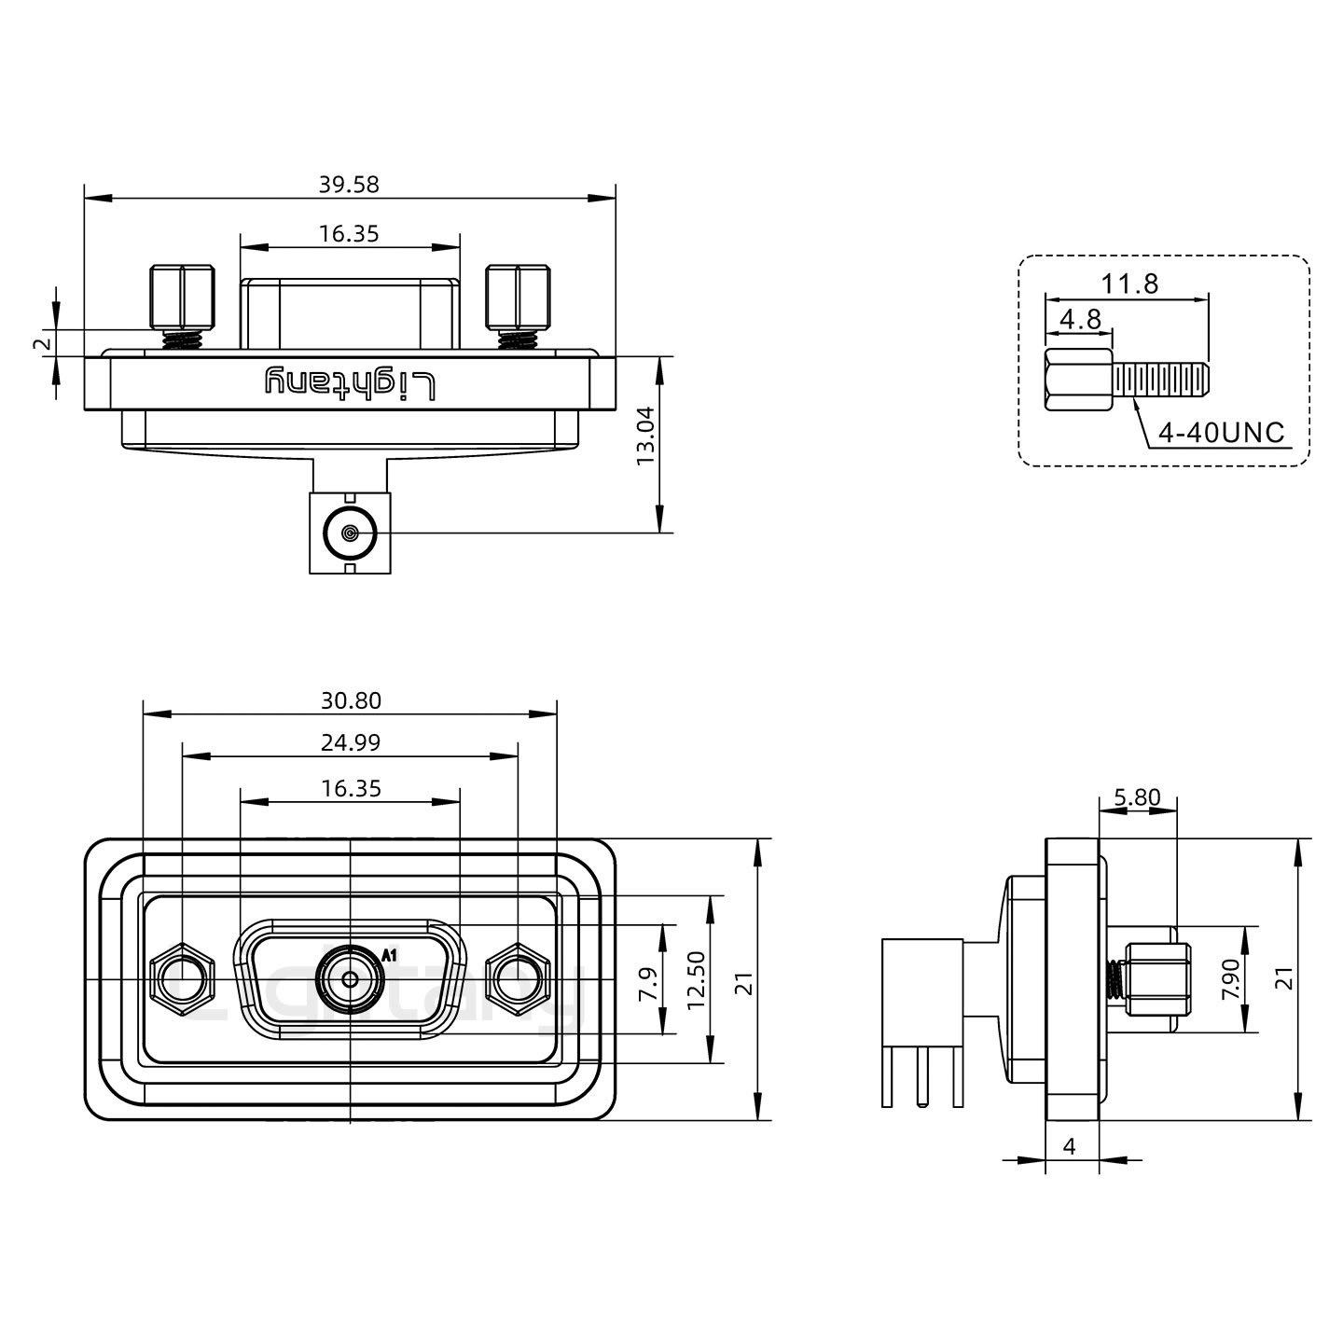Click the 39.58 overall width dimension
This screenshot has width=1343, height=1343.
(349, 185)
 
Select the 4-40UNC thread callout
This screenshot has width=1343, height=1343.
(1221, 433)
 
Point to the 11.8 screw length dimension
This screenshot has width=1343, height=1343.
(1129, 284)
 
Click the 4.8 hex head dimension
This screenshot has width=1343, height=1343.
(1081, 320)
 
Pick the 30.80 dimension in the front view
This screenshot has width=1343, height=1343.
(351, 700)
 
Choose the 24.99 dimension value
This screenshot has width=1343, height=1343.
(351, 743)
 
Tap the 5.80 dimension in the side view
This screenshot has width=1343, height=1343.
(1137, 797)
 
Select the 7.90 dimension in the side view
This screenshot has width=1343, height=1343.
(1231, 980)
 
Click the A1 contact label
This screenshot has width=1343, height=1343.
(390, 955)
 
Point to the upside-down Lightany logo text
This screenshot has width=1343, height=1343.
(351, 382)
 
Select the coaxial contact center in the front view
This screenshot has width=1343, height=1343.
(350, 979)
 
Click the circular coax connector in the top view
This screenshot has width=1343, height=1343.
(350, 534)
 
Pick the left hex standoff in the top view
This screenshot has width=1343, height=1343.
(182, 296)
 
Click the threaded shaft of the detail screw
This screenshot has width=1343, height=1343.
(1161, 380)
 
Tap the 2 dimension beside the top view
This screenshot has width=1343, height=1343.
(41, 343)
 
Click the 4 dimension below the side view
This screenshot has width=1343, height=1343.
(1070, 1146)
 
